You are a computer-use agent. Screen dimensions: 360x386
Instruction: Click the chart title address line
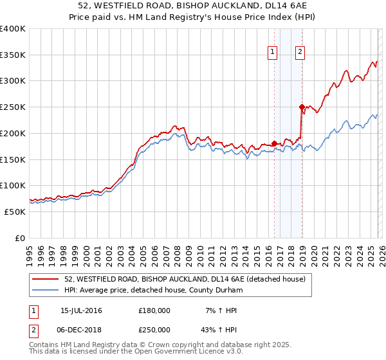[193, 6]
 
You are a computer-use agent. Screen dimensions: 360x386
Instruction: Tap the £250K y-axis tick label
[13, 107]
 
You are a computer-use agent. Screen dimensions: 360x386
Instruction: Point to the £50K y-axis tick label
[15, 212]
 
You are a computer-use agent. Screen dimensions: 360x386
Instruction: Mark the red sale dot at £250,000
[302, 107]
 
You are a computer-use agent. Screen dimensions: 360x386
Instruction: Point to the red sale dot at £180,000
[275, 143]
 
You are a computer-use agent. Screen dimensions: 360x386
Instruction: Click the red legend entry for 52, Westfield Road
[188, 279]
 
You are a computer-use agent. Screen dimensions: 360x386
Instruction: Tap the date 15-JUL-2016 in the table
[81, 310]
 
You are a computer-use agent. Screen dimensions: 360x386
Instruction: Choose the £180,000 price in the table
[154, 310]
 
